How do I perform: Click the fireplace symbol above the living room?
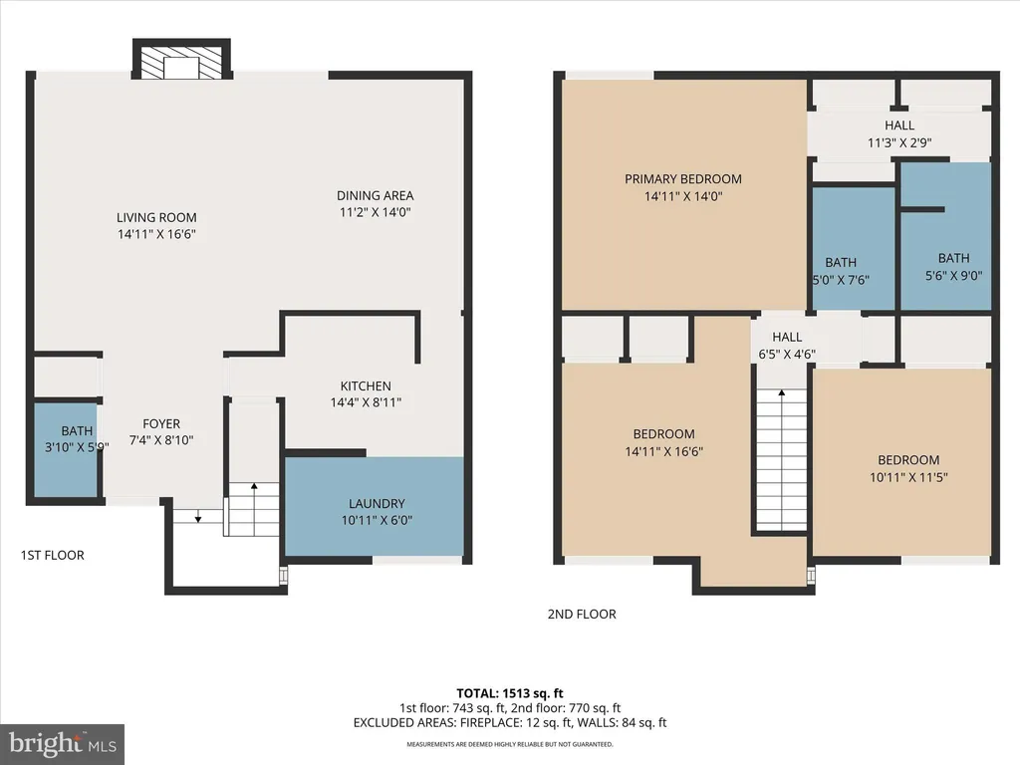click(181, 59)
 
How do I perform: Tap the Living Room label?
click(156, 217)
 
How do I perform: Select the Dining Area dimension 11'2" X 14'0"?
click(376, 212)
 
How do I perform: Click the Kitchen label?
click(366, 385)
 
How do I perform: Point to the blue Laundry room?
click(375, 507)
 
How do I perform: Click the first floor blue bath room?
click(65, 450)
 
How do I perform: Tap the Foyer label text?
click(161, 423)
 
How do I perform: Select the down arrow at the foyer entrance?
click(198, 515)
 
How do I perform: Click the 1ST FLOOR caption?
click(52, 555)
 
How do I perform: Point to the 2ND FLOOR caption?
click(582, 614)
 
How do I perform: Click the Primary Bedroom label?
click(683, 179)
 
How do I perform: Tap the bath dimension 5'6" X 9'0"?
click(953, 276)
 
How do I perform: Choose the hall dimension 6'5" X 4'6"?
click(787, 355)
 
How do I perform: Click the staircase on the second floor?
click(781, 460)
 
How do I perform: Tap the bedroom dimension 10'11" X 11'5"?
click(908, 477)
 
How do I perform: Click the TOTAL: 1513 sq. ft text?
click(510, 693)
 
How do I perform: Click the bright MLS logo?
click(62, 744)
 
